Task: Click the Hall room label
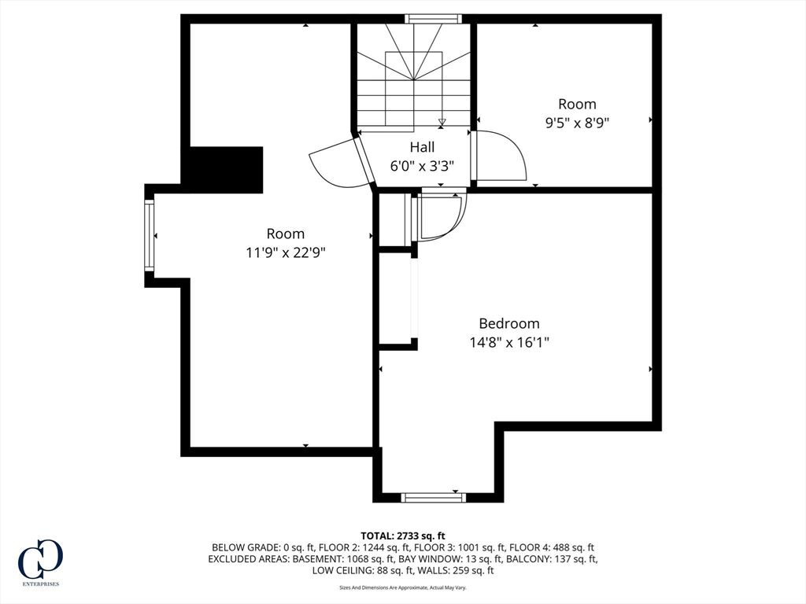[x=422, y=147]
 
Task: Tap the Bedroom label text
[x=509, y=323]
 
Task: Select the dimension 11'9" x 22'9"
[x=286, y=252]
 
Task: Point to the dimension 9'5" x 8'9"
[x=577, y=123]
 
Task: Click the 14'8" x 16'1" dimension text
[x=509, y=343]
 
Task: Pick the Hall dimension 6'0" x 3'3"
[x=422, y=167]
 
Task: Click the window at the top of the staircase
[x=433, y=19]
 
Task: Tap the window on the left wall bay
[x=149, y=236]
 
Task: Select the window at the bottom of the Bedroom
[x=434, y=497]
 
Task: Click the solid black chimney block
[x=226, y=170]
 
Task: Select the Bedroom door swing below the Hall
[x=438, y=215]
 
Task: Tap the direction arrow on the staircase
[x=442, y=123]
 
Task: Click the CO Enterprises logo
[x=40, y=562]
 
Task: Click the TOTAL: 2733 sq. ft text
[x=402, y=536]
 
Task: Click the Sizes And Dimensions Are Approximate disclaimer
[x=402, y=587]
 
